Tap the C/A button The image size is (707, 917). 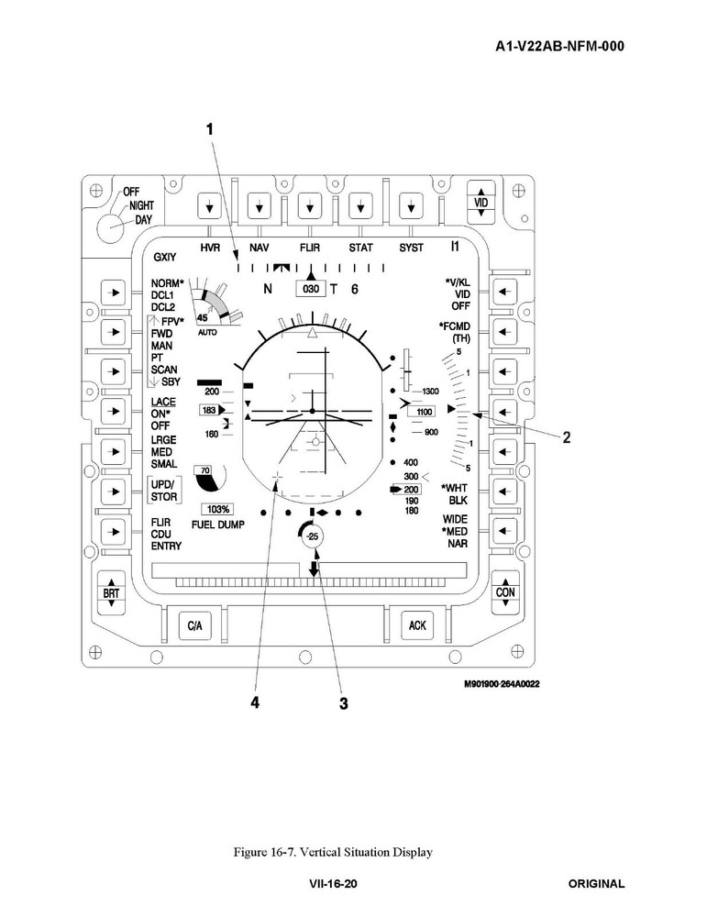point(193,626)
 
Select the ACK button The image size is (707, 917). point(417,625)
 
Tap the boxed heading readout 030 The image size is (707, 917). point(311,289)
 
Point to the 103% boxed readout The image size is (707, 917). point(218,509)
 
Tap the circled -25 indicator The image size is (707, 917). point(312,536)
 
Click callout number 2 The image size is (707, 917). point(567,437)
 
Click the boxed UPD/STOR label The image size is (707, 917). point(165,490)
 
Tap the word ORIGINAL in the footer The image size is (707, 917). point(596,884)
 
